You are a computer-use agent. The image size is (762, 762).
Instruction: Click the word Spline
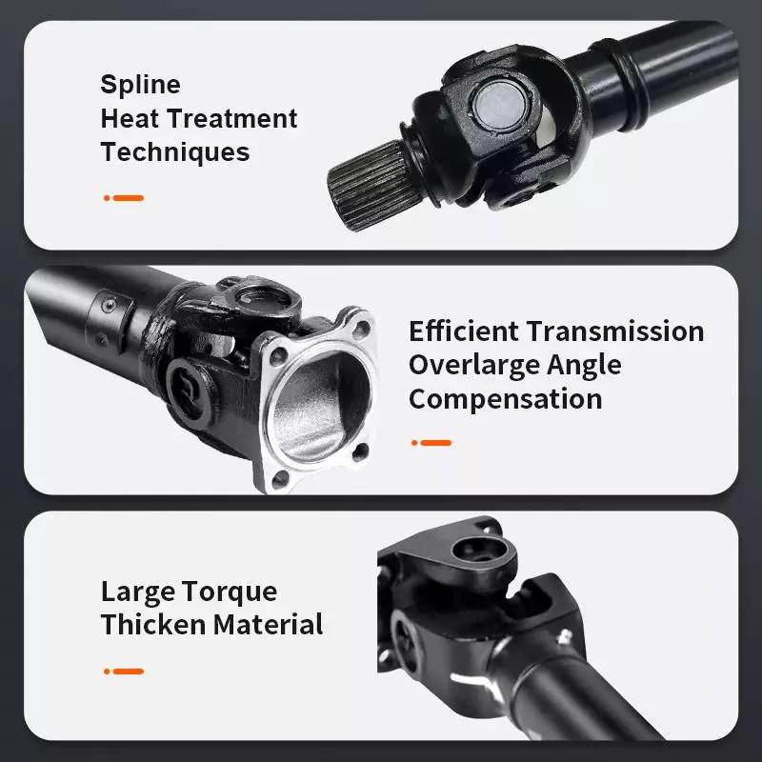pos(140,85)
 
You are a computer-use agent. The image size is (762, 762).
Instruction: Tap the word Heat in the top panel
pos(130,118)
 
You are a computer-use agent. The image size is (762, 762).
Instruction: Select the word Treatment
pos(231,118)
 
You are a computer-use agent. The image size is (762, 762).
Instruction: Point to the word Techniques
pos(175,151)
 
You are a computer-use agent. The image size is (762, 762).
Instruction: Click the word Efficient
pos(464,331)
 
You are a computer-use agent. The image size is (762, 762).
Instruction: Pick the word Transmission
pos(615,331)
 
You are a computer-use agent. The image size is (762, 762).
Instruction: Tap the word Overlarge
pos(473,366)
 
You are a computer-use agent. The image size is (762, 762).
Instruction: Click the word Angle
pos(584,367)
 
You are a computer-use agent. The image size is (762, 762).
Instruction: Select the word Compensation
pos(506,399)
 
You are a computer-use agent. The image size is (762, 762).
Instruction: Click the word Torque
pos(231,592)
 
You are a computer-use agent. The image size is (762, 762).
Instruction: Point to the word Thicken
pos(152,624)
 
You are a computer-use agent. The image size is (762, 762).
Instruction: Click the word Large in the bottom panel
pos(138,592)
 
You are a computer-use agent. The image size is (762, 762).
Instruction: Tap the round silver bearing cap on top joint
pos(499,105)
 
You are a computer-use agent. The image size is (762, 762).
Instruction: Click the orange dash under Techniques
pos(129,198)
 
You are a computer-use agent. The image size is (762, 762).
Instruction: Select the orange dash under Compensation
pos(436,443)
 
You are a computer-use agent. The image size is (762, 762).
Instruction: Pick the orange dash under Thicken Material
pos(129,672)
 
